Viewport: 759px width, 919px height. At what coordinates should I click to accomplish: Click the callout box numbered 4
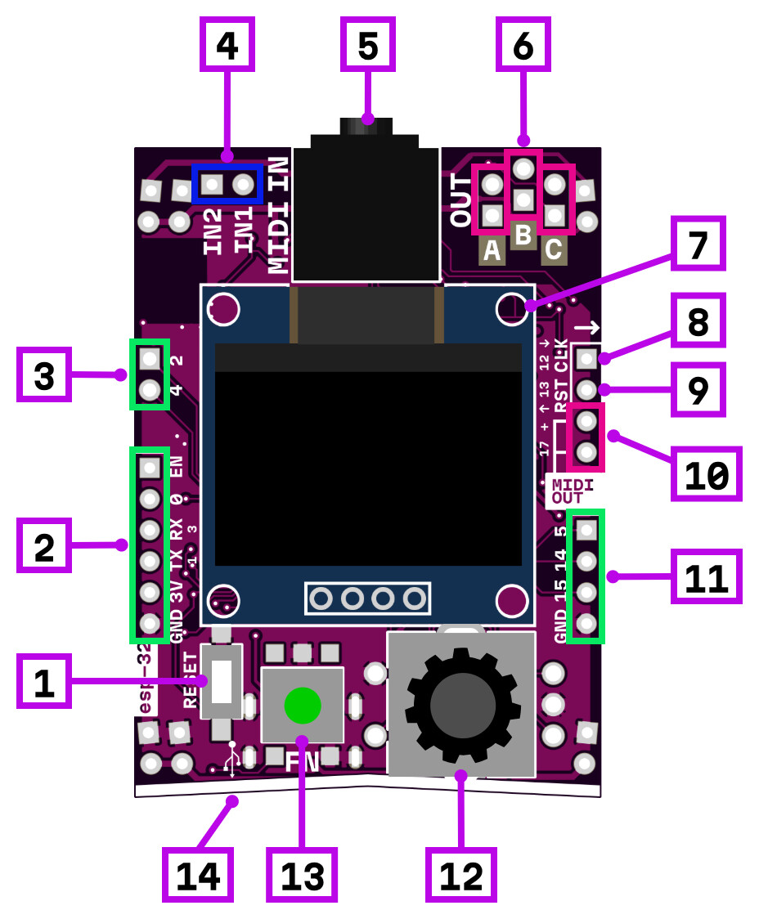coord(227,45)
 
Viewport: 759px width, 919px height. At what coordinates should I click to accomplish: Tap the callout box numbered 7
coord(698,244)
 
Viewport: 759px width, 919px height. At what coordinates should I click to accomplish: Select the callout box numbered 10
coord(706,474)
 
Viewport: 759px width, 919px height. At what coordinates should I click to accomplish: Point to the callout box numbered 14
coord(197,875)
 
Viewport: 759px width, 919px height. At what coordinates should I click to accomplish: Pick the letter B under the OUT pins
coord(523,236)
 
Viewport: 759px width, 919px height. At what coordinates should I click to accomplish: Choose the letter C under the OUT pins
coord(555,251)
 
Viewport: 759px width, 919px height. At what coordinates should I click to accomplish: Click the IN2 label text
coord(213,231)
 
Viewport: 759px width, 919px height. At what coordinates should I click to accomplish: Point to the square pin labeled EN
coord(149,468)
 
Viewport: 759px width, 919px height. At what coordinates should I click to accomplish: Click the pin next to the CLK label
coord(586,358)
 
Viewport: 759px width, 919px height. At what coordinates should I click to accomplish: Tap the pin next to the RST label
coord(586,389)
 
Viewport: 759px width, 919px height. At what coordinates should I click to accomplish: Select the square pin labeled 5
coord(586,531)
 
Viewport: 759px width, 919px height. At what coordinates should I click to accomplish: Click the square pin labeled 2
coord(149,358)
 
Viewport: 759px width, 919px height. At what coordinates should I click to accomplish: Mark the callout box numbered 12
coord(461,875)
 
